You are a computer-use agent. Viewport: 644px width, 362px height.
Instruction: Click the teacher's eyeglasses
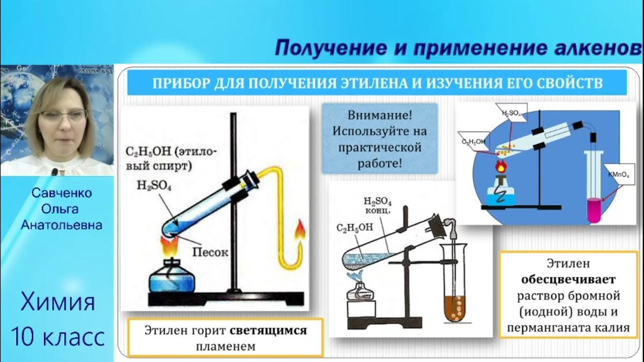(62, 116)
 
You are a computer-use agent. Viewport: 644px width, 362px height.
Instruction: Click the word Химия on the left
(57, 303)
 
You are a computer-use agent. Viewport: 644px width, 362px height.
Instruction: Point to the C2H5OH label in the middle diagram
(355, 227)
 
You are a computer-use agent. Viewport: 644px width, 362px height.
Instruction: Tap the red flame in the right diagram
(500, 165)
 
